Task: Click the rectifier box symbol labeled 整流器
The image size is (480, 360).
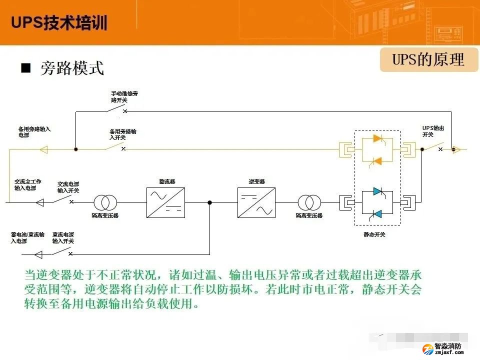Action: pos(165,202)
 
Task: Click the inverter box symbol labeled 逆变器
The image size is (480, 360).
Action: pos(256,202)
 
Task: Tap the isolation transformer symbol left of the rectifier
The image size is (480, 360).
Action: pos(105,202)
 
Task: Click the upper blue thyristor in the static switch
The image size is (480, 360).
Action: pos(377,192)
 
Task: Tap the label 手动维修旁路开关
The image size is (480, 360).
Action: pos(124,96)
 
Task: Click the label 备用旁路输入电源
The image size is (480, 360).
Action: pos(34,132)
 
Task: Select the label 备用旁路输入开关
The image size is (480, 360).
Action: pos(123,134)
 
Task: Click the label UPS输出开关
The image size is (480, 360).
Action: pos(433,131)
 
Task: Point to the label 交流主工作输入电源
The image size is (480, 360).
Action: pos(28,185)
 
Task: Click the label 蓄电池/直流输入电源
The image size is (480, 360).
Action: pos(27,237)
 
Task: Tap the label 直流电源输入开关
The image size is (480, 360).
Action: pos(63,237)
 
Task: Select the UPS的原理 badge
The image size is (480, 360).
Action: pos(428,60)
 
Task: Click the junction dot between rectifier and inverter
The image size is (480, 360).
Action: pos(209,202)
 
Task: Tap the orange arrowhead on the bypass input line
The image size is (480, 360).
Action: pos(43,149)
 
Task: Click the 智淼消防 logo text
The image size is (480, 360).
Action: pos(448,345)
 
